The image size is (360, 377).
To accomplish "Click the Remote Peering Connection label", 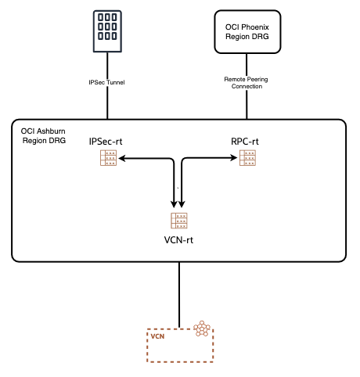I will pyautogui.click(x=244, y=83).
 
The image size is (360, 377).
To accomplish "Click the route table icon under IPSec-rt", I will pyautogui.click(x=109, y=159).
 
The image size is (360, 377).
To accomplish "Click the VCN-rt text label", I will pyautogui.click(x=179, y=239).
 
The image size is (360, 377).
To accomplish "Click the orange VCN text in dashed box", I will pyautogui.click(x=157, y=336).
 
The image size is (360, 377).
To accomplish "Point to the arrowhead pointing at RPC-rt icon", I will pyautogui.click(x=236, y=159).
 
